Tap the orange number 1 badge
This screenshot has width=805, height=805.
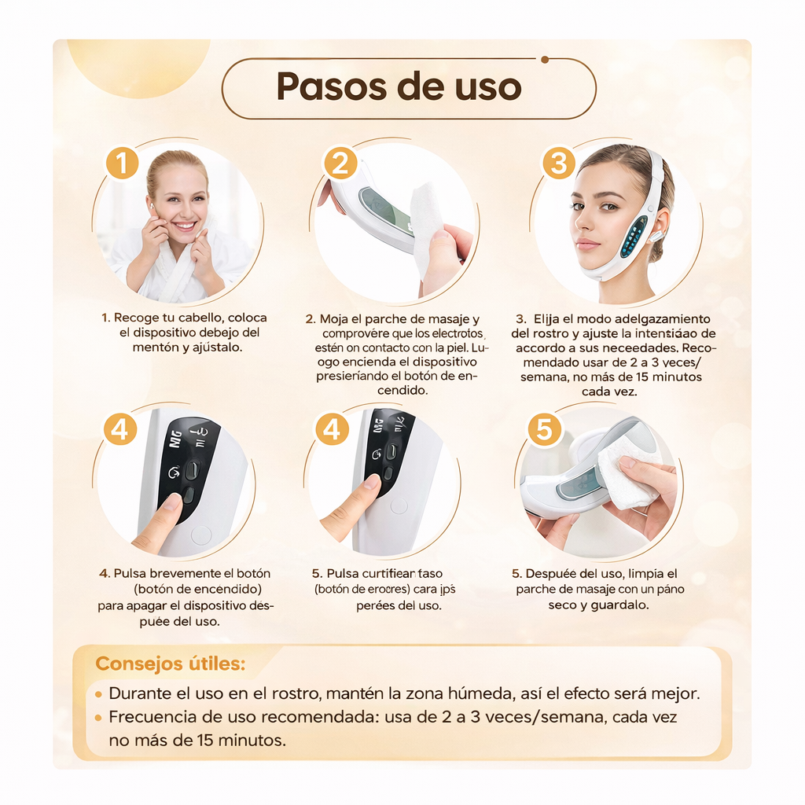coord(122,164)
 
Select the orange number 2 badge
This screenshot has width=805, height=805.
coord(340,164)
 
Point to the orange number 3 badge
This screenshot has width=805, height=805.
coord(558,164)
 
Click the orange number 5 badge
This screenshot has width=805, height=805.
coord(545,430)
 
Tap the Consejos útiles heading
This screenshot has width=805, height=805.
coord(170,663)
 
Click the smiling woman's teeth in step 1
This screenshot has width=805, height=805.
coord(185,226)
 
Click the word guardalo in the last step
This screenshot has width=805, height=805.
coord(620,605)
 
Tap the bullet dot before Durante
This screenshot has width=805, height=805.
coord(98,695)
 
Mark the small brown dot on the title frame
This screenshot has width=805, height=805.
coord(545,58)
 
